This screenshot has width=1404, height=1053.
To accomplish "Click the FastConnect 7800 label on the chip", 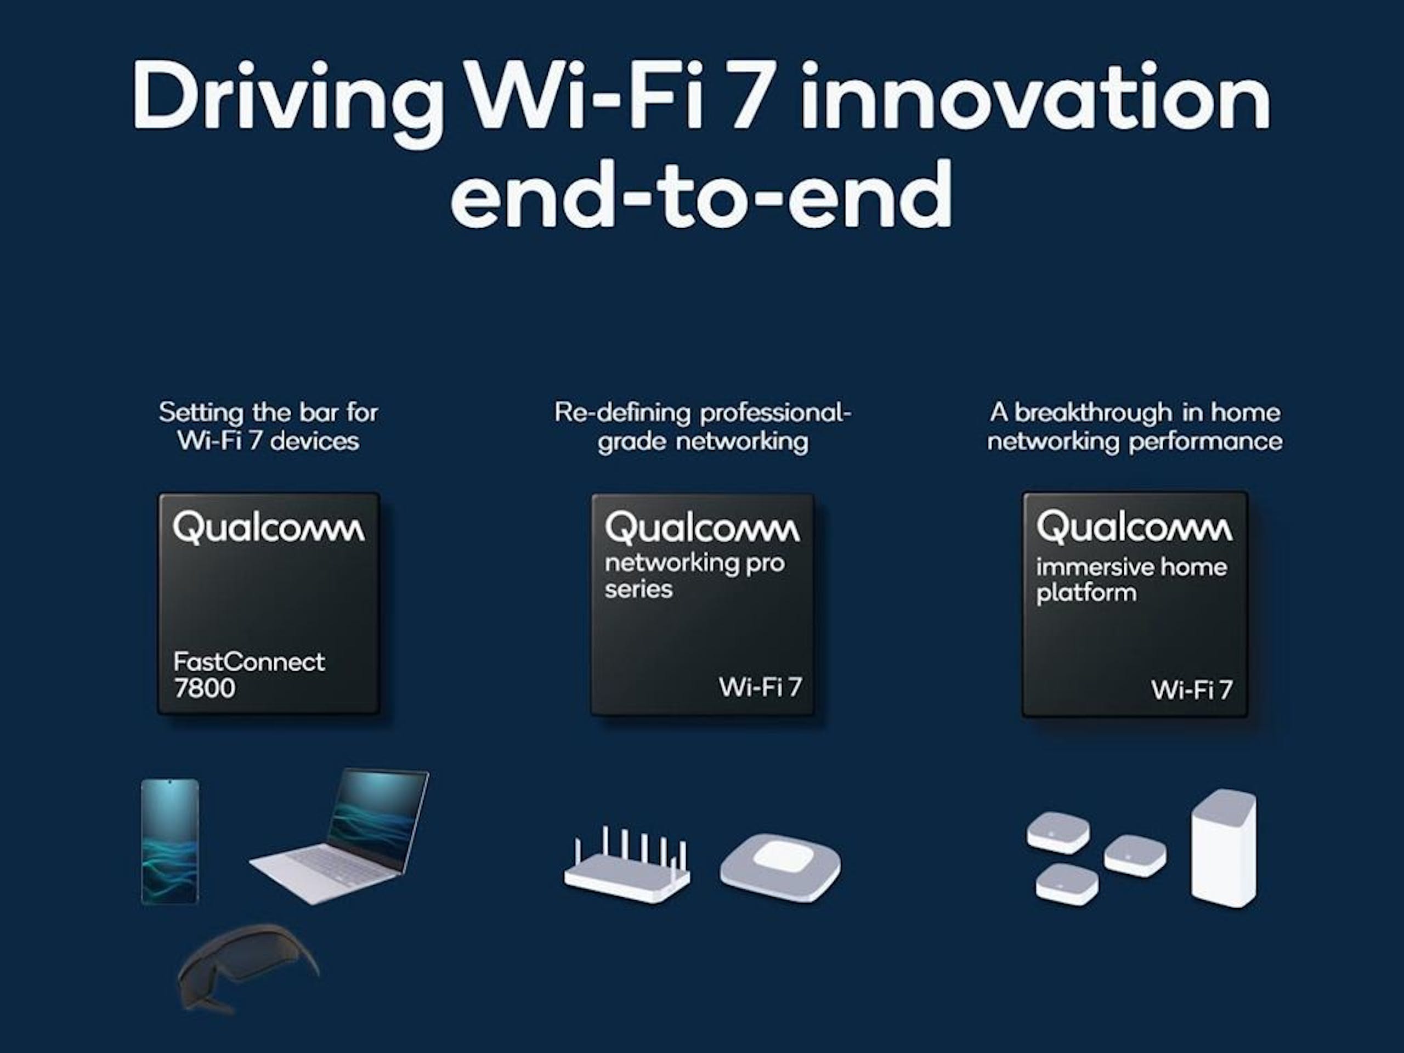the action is tap(248, 675).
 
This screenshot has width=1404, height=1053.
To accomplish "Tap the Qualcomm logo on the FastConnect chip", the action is tap(269, 528).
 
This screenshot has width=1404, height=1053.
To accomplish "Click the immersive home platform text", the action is tap(1131, 580).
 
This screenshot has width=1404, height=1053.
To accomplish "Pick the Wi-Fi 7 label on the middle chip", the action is tap(760, 687).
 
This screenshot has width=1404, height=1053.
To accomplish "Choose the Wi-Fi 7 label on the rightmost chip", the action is tap(1191, 690).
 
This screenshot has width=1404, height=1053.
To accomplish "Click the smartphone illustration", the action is tap(169, 841).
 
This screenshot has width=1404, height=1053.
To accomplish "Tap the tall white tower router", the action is tap(1223, 847).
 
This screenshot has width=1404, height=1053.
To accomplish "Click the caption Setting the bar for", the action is tap(269, 412).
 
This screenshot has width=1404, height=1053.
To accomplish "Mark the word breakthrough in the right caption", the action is tap(1093, 412).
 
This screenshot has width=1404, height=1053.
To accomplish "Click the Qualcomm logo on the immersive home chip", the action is tap(1134, 528).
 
